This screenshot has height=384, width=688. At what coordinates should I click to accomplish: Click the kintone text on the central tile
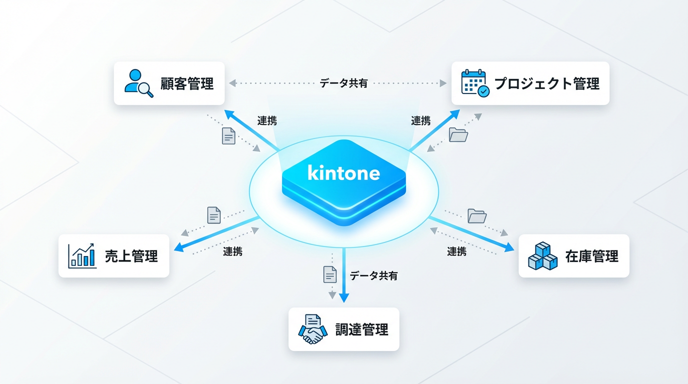tap(343, 173)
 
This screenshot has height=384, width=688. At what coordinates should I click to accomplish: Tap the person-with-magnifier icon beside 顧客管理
tap(138, 83)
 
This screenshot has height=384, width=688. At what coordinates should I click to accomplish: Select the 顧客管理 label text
tap(186, 83)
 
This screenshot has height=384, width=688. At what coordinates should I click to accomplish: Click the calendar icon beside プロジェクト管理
tap(475, 83)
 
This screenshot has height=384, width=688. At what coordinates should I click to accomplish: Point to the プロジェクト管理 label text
tap(546, 83)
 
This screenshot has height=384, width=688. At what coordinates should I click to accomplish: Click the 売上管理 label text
tap(131, 256)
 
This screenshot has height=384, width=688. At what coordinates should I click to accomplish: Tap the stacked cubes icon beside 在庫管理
tap(542, 256)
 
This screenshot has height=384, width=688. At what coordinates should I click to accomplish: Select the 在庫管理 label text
tap(591, 256)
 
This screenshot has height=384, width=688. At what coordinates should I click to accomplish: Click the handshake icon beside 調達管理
tap(312, 329)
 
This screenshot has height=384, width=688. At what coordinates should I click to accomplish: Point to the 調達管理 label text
tap(361, 329)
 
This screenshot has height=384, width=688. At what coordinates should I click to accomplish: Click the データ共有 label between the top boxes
tap(343, 83)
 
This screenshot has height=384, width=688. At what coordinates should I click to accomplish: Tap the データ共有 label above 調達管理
tap(373, 275)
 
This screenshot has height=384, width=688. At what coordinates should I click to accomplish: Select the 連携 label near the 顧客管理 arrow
tap(267, 120)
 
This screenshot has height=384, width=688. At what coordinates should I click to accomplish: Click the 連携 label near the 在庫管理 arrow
tap(456, 251)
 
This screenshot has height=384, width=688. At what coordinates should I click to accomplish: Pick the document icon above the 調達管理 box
tap(330, 274)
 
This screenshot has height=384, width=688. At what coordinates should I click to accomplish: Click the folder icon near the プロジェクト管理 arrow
tap(458, 134)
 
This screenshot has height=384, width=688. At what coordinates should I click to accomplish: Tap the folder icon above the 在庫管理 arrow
tap(477, 216)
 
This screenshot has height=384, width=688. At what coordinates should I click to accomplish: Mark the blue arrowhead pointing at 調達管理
tap(344, 298)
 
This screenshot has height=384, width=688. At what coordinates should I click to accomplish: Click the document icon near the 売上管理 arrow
tap(214, 215)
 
